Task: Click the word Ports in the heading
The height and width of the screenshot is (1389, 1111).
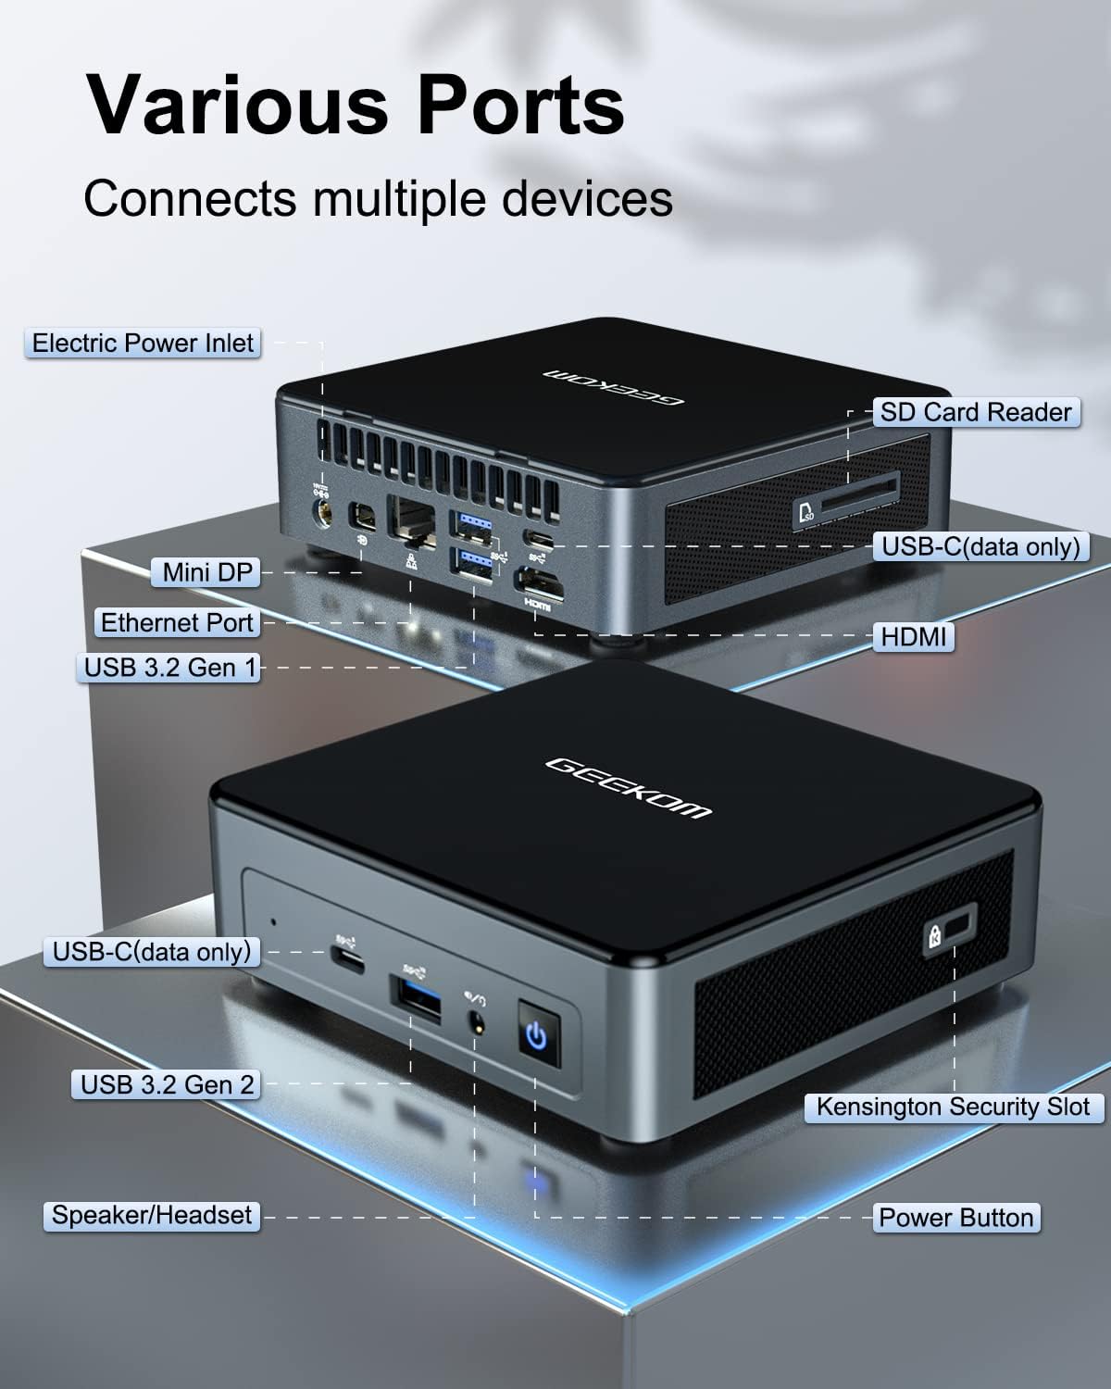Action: tap(519, 105)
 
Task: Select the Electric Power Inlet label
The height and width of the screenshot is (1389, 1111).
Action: tap(143, 344)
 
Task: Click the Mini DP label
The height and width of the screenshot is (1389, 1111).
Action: tap(207, 572)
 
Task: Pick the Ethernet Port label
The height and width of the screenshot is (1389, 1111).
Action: tap(177, 623)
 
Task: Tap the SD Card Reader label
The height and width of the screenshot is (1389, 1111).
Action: tap(976, 412)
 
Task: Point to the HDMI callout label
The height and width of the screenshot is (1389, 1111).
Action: tap(913, 637)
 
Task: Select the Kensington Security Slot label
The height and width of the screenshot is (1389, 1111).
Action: tap(954, 1107)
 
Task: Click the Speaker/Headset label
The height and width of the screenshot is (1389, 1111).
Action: tap(152, 1215)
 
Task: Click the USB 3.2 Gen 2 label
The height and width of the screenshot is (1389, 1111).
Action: tap(168, 1084)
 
